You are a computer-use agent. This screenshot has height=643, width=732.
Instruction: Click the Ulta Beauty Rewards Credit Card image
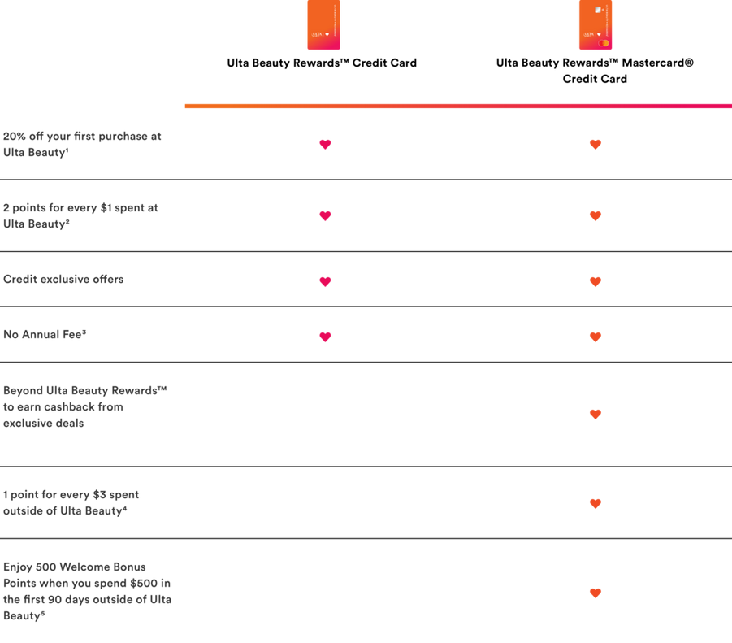(323, 24)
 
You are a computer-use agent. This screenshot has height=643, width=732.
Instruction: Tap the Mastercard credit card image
(596, 24)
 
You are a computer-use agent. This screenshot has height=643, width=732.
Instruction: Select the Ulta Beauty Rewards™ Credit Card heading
(322, 63)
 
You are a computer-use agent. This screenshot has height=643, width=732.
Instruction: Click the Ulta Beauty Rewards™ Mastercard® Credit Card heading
(595, 71)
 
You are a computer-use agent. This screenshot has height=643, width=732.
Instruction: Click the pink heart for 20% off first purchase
(326, 145)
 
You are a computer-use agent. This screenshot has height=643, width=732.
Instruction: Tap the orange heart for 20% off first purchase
(596, 145)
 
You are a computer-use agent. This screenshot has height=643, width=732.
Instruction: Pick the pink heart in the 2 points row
(326, 215)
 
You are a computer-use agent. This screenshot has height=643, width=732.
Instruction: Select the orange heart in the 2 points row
(596, 215)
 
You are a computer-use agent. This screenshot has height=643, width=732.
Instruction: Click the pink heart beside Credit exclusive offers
(326, 281)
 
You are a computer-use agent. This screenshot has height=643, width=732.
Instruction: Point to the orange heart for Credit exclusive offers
(596, 281)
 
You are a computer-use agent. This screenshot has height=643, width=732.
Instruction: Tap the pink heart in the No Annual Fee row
(326, 337)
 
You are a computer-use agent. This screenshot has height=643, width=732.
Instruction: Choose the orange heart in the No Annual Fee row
(596, 337)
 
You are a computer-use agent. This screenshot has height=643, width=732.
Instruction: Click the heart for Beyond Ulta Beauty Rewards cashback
(596, 415)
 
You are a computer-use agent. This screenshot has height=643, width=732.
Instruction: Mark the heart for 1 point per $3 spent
(596, 503)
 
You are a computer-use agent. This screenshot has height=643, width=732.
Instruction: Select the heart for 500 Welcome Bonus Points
(596, 593)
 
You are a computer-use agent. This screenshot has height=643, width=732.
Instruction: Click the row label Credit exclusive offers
(63, 280)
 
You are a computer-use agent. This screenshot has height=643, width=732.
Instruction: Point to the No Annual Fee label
(45, 334)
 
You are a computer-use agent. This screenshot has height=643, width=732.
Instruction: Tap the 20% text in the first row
(15, 137)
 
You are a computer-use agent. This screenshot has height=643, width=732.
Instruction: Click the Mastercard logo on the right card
(603, 43)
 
